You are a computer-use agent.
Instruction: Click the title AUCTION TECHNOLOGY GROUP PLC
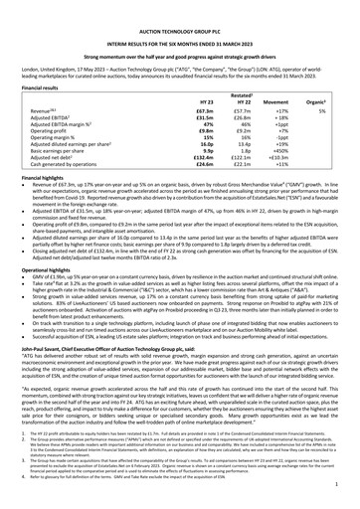tap(180, 7)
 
